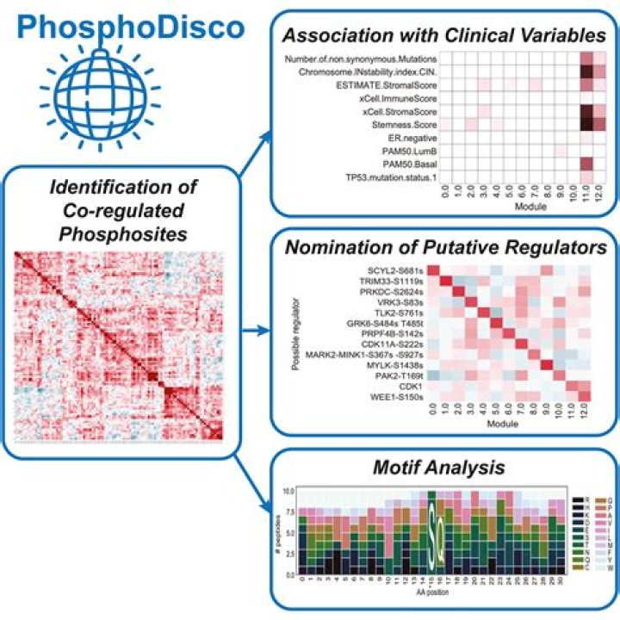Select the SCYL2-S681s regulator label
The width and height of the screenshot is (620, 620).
(x=393, y=272)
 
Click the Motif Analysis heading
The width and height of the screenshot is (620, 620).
(x=448, y=468)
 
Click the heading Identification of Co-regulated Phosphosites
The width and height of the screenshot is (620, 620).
(x=117, y=209)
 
